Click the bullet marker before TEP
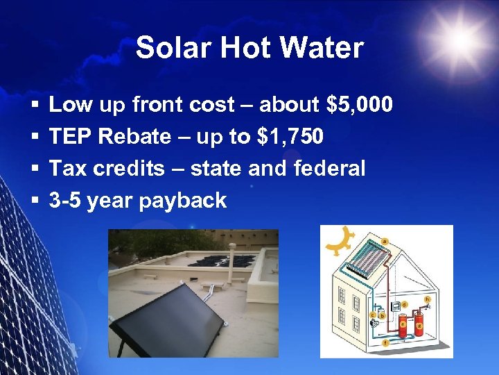(x=33, y=137)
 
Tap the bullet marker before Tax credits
(x=33, y=169)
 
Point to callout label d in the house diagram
(x=405, y=304)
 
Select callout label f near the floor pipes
(x=386, y=342)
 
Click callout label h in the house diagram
(x=428, y=299)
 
